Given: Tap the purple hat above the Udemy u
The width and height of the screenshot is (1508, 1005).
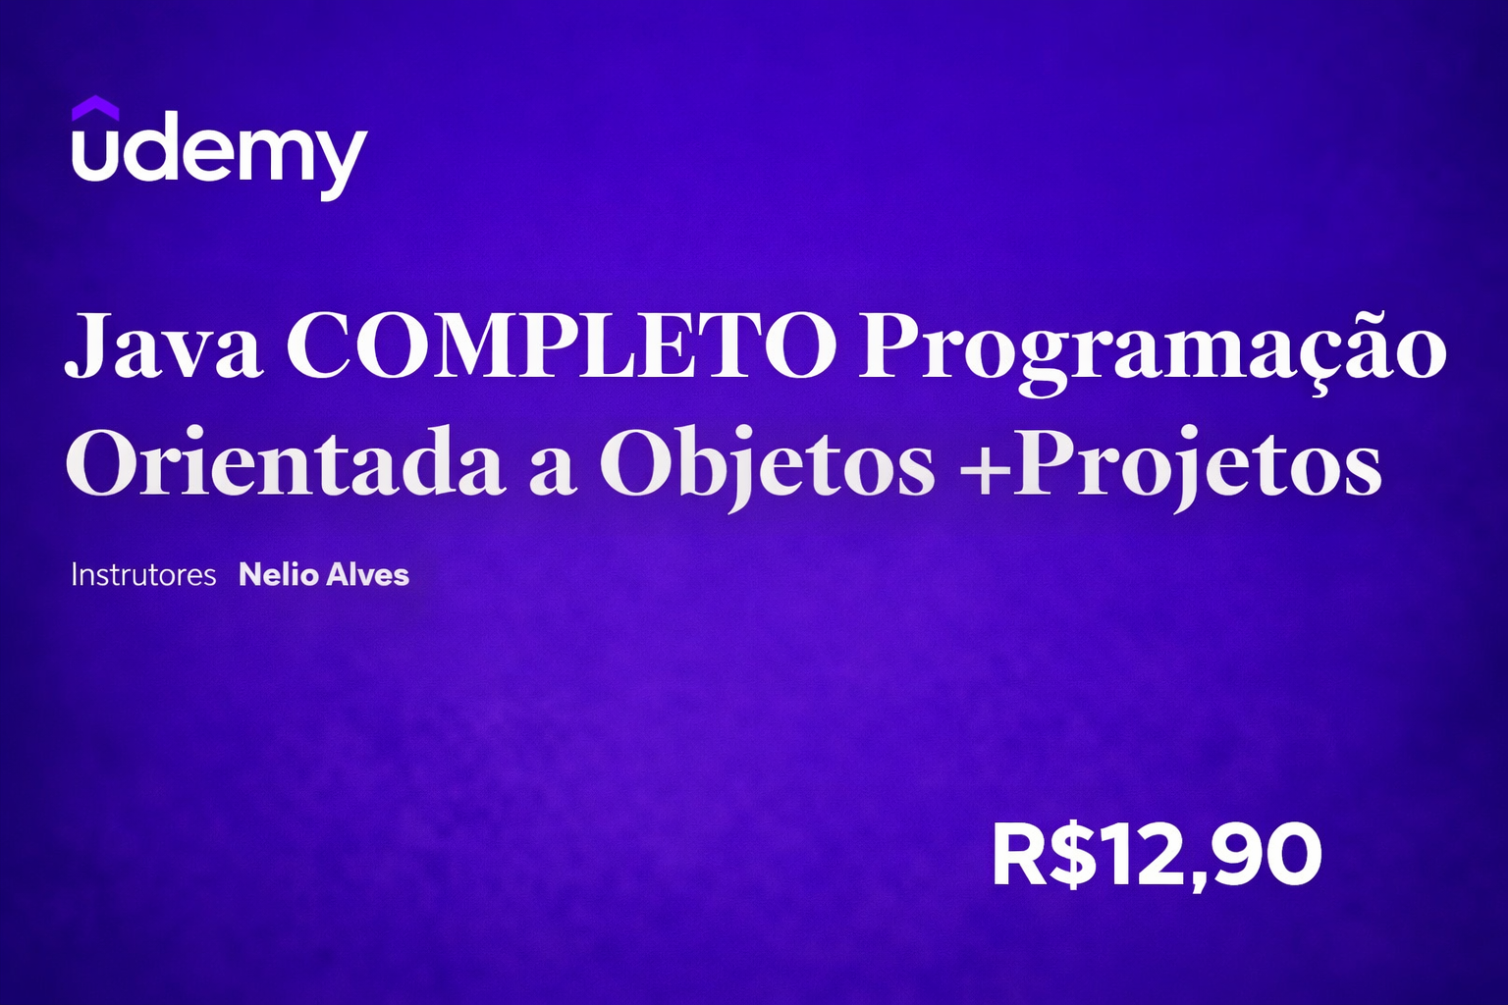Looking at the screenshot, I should pos(95,107).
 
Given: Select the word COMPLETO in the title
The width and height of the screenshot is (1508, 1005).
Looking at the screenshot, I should pos(562,346).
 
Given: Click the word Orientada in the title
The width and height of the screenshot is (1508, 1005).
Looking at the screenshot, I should pos(286,464).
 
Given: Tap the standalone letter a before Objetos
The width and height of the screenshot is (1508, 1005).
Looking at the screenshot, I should pos(552,469).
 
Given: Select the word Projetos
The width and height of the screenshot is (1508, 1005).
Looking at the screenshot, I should pos(1198,466).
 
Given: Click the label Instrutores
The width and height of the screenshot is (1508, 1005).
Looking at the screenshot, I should pos(143,575).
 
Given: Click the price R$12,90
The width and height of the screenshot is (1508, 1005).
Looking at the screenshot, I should pos(1157,855).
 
